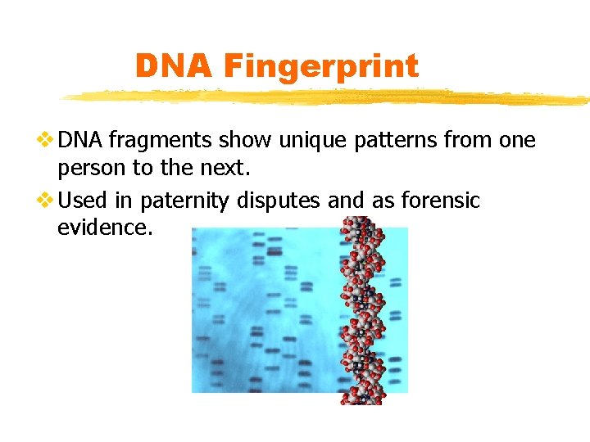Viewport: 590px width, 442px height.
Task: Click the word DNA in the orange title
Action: coord(171,66)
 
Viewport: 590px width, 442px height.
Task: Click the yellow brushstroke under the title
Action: coord(328,97)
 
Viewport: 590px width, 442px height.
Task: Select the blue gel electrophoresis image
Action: coord(262,311)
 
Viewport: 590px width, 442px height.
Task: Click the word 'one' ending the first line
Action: coord(517,141)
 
